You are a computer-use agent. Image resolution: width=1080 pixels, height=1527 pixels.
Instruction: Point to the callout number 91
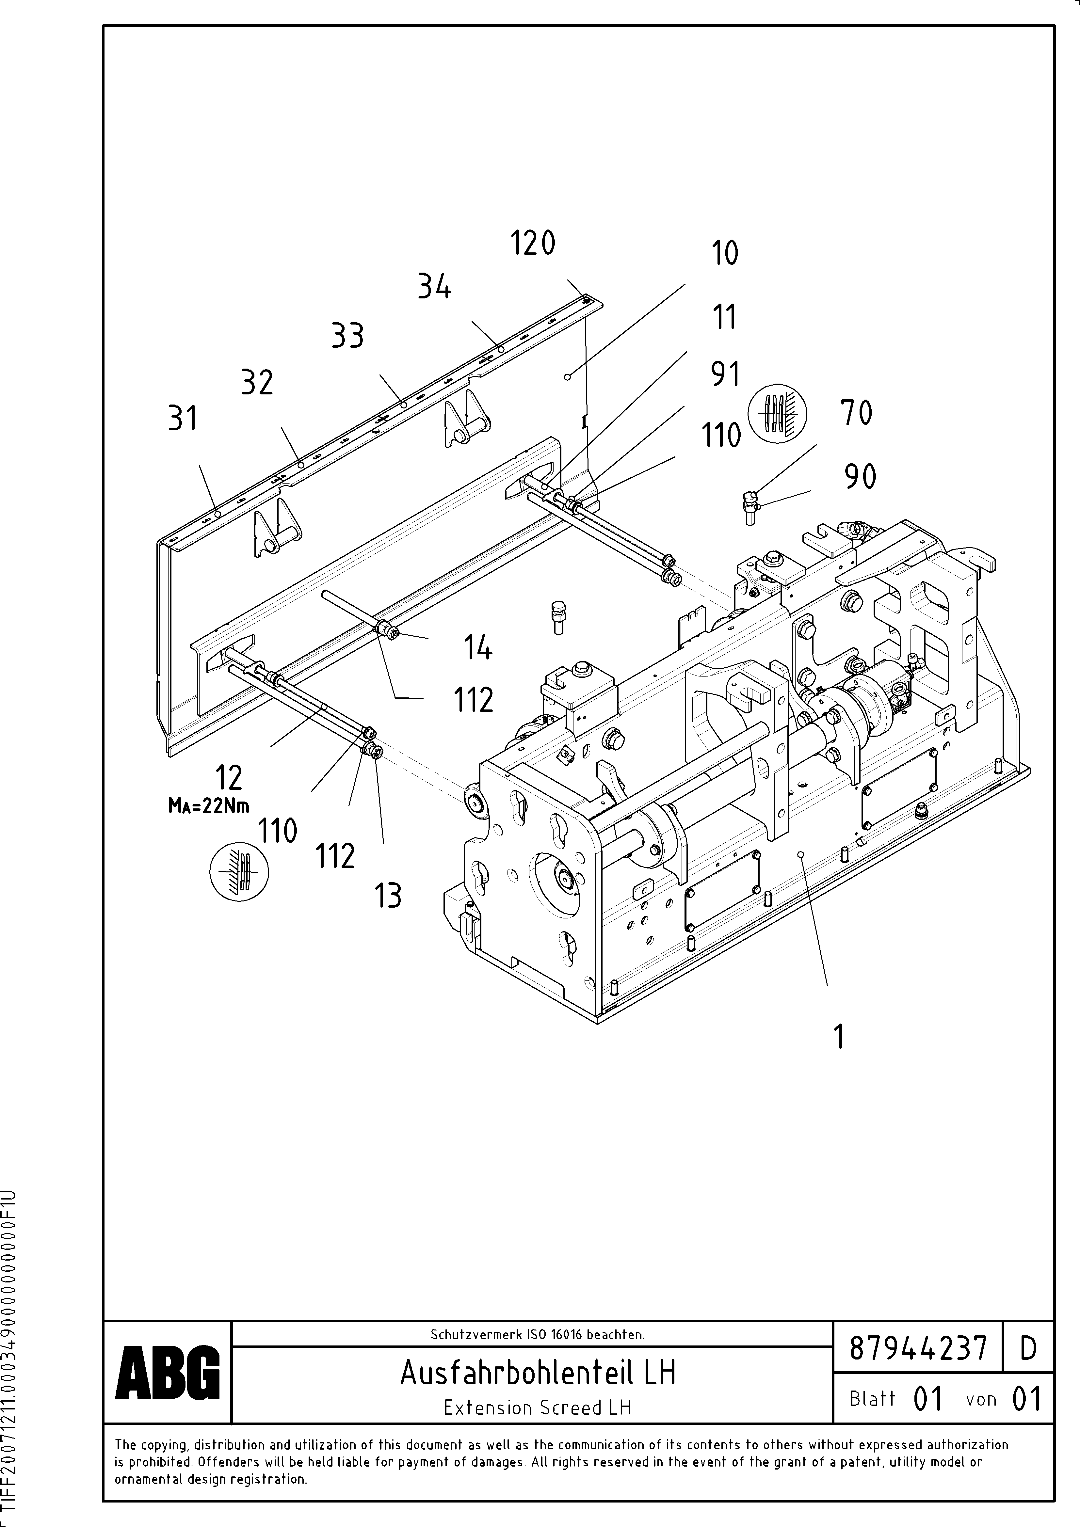(x=725, y=374)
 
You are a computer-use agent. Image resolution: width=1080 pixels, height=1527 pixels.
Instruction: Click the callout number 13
(x=388, y=896)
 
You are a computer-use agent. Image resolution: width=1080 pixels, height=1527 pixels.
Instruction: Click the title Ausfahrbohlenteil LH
(x=538, y=1372)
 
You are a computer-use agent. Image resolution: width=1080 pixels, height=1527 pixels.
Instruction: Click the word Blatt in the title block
(x=872, y=1399)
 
